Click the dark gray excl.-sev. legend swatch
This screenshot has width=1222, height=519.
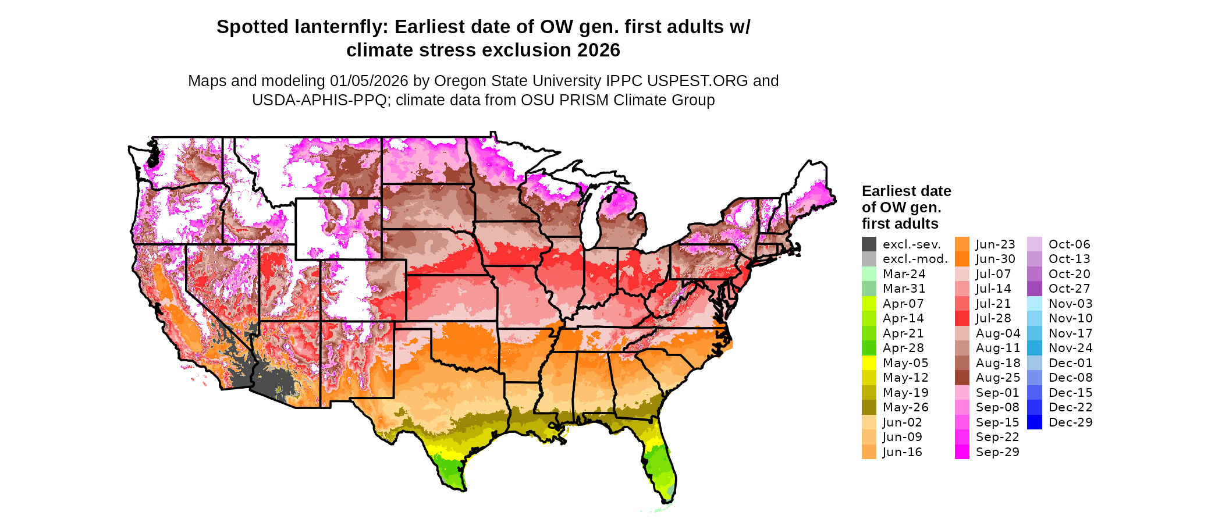(869, 244)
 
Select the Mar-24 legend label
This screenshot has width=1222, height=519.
(904, 274)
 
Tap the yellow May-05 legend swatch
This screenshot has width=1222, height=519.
(869, 363)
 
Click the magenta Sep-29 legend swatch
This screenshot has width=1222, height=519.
(962, 452)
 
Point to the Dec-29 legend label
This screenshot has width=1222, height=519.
(1070, 422)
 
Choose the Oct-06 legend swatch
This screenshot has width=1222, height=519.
(1035, 244)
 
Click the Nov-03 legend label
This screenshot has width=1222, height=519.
(1070, 304)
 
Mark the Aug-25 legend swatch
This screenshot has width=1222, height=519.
(962, 378)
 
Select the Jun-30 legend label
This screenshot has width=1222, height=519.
(995, 259)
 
